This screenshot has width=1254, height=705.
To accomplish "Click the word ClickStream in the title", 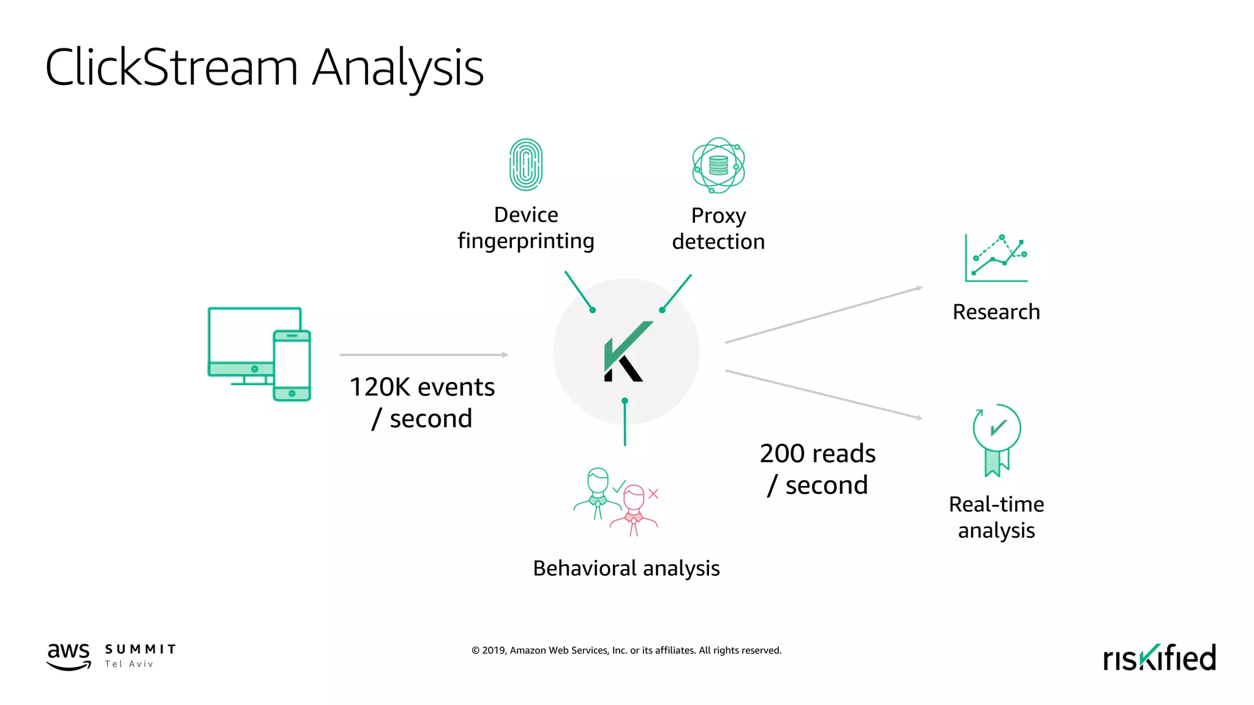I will point(171,67).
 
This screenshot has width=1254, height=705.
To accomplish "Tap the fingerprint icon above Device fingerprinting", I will point(526,165).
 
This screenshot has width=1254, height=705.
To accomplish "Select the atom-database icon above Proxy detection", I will point(718,165).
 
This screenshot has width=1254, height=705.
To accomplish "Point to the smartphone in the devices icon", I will point(292,365).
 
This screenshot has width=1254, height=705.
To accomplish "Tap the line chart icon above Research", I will point(996,258).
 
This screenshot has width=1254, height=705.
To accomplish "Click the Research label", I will point(996,312).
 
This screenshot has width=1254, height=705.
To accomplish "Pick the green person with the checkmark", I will point(598,493).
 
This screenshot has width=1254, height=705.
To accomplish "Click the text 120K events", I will point(422,387).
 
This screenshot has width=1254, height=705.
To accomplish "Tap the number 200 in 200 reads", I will point(782,454).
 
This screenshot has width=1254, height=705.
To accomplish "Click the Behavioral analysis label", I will point(626,569).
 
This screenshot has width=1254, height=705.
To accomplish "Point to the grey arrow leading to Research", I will point(824,315).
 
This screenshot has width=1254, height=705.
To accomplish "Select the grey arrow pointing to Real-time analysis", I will point(824,395).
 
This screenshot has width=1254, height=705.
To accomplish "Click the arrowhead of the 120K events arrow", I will point(505,355).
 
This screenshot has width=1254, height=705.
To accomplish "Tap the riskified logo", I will point(1159,658).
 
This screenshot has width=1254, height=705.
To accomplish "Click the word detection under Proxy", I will point(718,242).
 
